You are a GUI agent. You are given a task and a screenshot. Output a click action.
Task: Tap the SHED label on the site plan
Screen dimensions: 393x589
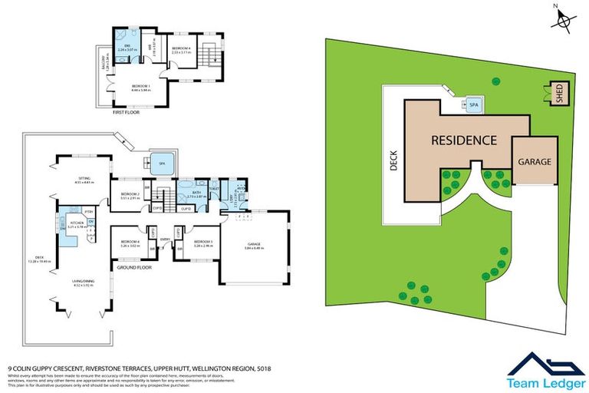tap(559, 94)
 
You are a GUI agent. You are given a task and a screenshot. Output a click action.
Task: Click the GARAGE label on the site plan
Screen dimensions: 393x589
tap(535, 162)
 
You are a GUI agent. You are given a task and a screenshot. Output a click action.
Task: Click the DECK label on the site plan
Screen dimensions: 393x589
tap(393, 160)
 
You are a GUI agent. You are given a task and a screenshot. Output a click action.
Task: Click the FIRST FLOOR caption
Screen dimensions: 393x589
tap(128, 112)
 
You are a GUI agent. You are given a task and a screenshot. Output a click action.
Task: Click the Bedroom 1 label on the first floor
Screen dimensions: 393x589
tap(140, 86)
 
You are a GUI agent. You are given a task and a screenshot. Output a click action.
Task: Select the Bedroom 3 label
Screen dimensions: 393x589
tap(203, 244)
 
